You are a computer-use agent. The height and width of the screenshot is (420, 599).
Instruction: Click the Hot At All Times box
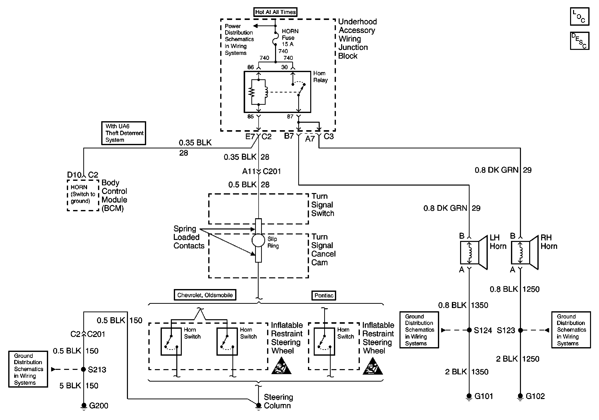[x=275, y=12]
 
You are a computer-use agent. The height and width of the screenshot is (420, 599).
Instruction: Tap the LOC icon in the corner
[x=580, y=17]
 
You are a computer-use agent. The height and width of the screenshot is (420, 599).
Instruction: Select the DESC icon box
[x=580, y=41]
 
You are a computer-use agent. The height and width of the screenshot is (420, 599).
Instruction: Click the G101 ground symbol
[x=469, y=397]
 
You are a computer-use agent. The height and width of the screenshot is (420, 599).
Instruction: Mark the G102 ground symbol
[x=520, y=397]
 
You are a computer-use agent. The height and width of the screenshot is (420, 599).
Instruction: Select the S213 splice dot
[x=84, y=369]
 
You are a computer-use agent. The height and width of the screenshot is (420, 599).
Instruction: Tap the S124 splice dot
[x=469, y=330]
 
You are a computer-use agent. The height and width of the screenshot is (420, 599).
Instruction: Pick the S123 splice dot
[x=520, y=330]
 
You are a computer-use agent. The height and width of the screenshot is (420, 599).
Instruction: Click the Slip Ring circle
[x=258, y=240]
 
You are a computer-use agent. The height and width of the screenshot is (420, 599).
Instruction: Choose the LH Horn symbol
[x=473, y=252]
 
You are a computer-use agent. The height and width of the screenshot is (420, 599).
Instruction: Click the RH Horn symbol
[x=524, y=252]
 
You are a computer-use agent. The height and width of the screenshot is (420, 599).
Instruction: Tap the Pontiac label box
[x=324, y=296]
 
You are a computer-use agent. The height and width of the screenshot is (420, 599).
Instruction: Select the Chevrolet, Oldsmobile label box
[x=205, y=295]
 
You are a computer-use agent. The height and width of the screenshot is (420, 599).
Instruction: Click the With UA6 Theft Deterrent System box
[x=124, y=133]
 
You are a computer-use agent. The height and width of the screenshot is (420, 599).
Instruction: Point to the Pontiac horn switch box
[x=324, y=341]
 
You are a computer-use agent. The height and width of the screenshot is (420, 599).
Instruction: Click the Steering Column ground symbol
[x=258, y=405]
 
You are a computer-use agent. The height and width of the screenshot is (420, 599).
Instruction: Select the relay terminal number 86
[x=250, y=67]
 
